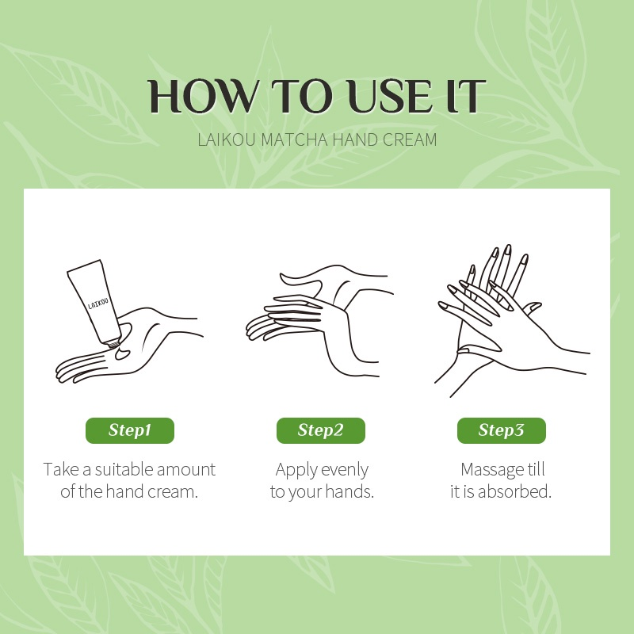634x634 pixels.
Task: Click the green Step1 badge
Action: point(130,430)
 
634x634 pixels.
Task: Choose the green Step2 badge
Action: point(321,430)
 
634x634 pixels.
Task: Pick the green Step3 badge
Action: point(502,430)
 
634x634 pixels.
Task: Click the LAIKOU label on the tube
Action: point(98,304)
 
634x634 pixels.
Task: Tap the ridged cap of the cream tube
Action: point(113,344)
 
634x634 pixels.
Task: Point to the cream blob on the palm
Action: point(123,353)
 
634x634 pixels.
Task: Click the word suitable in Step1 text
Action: point(124,469)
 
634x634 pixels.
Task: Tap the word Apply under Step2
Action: point(296,470)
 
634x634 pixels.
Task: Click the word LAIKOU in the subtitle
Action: point(227,139)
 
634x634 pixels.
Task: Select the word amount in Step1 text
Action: point(186,469)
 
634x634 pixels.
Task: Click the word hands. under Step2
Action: point(349,491)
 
